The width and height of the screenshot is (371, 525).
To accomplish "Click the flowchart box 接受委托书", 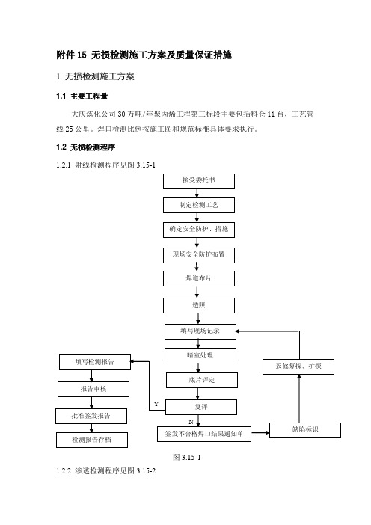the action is (199, 181).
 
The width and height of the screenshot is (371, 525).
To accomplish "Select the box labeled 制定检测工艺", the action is (199, 205).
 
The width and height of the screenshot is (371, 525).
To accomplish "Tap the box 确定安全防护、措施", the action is (199, 230).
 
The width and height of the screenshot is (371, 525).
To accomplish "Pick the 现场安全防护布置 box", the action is (199, 255).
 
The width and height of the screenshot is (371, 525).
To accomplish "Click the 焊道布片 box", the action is (199, 278).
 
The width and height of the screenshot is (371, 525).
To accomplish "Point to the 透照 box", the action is (199, 305).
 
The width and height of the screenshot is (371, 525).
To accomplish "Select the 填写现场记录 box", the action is (200, 331).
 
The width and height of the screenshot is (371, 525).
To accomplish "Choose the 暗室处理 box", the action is (200, 355).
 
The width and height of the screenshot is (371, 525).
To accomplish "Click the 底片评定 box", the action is (202, 381).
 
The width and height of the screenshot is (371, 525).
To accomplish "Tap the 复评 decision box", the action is (201, 407).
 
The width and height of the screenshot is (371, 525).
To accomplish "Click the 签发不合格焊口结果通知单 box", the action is (204, 434).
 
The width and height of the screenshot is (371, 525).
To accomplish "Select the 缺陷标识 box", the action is (305, 430).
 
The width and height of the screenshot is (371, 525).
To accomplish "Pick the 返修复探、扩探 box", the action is (298, 366).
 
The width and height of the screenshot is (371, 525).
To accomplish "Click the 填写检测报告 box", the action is (95, 362).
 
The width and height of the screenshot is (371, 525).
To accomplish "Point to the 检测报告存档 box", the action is (92, 440).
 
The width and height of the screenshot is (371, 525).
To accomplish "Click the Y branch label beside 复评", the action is (156, 404).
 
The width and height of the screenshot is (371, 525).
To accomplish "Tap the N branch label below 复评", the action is (191, 422).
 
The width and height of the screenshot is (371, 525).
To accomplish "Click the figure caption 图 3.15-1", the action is (187, 458).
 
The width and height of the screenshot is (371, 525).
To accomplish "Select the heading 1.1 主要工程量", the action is (82, 96).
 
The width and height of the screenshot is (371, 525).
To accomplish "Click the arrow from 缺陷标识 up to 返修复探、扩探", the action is (299, 399).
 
